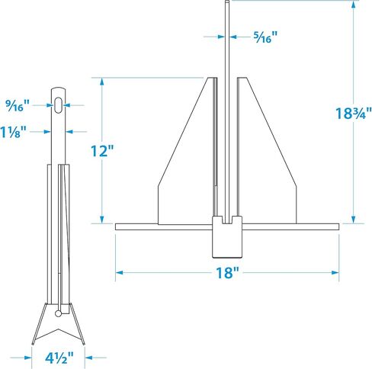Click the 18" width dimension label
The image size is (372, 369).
[227, 273]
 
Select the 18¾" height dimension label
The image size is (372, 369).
[354, 113]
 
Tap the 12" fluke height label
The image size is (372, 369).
[102, 151]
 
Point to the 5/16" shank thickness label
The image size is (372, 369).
[265, 37]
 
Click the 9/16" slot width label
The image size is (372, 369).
[18, 105]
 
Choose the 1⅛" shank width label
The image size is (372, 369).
[13, 132]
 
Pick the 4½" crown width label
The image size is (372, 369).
[59, 358]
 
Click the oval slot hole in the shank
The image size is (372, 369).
[59, 105]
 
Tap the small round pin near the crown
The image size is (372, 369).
[58, 313]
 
